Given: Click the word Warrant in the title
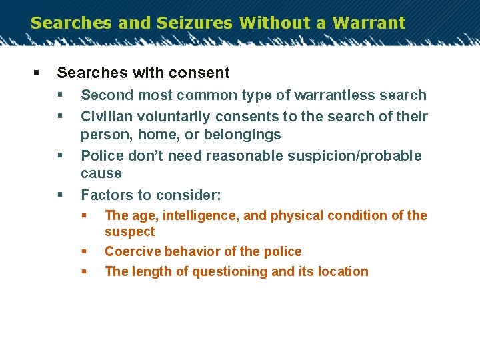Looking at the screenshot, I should [x=369, y=23].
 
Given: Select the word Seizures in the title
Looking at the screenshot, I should [x=195, y=23].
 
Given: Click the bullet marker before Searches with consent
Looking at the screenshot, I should [x=35, y=73].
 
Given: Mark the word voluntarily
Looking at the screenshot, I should [x=174, y=117].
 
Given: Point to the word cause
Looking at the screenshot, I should [x=101, y=173].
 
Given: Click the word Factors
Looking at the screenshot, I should [x=107, y=195].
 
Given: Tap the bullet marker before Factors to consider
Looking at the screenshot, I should [x=59, y=195].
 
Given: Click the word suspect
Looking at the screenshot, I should [x=129, y=232].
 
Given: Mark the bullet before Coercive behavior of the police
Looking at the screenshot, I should [x=84, y=251].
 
